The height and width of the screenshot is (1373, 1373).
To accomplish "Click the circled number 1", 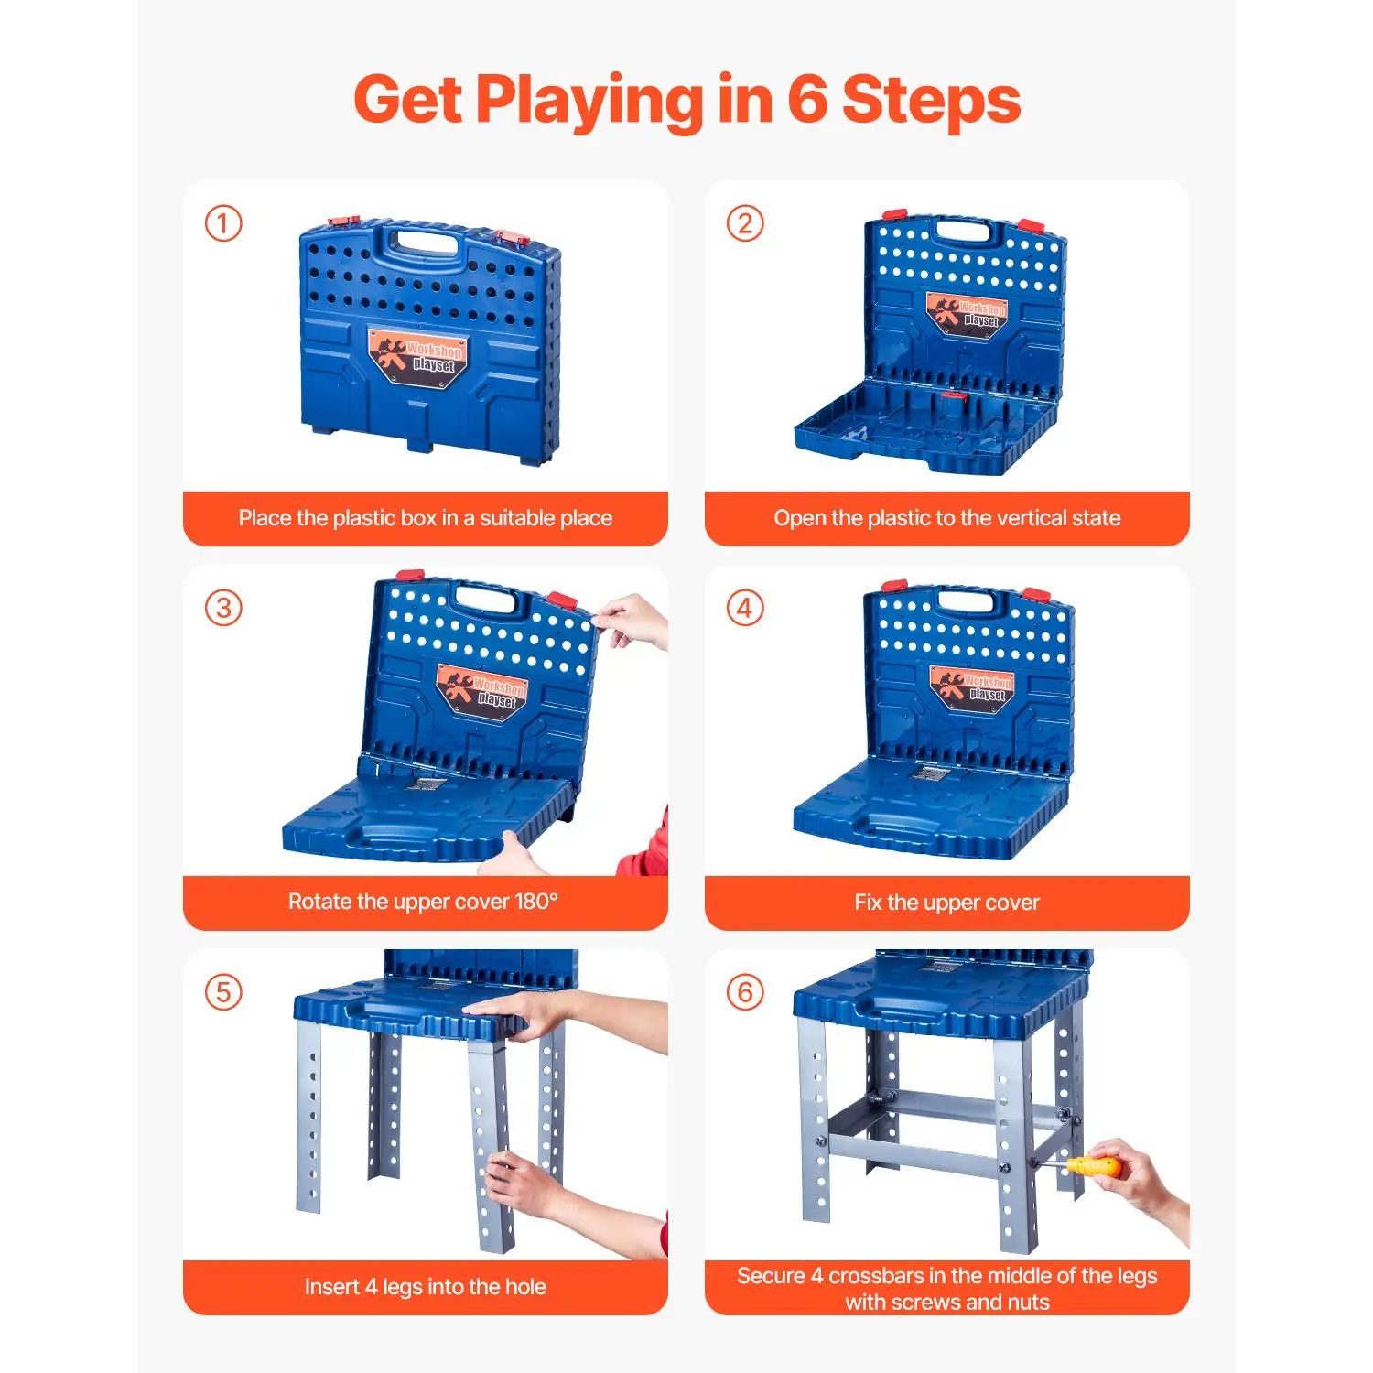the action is point(223,223).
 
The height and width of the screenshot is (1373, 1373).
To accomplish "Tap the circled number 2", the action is point(745,223).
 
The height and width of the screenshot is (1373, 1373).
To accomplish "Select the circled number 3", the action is point(223,608).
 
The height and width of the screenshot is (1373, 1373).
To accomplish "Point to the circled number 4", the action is point(745,608).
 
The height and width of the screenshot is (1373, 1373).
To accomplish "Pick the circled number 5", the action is point(223,992).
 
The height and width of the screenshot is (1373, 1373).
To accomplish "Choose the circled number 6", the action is point(745,992).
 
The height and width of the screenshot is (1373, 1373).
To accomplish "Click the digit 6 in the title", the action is point(807,100).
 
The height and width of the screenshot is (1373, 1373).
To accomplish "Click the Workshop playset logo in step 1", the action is point(419,357).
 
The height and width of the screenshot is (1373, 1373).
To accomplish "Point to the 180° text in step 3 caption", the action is point(535,902).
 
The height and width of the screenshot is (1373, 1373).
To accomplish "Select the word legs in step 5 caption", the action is point(403,1288).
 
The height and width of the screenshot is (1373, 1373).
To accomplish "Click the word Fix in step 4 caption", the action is point(869,903).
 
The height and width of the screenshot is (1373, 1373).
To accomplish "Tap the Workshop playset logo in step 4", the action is point(974,687).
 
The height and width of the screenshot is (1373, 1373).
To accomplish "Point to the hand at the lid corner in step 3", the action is point(632,621).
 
